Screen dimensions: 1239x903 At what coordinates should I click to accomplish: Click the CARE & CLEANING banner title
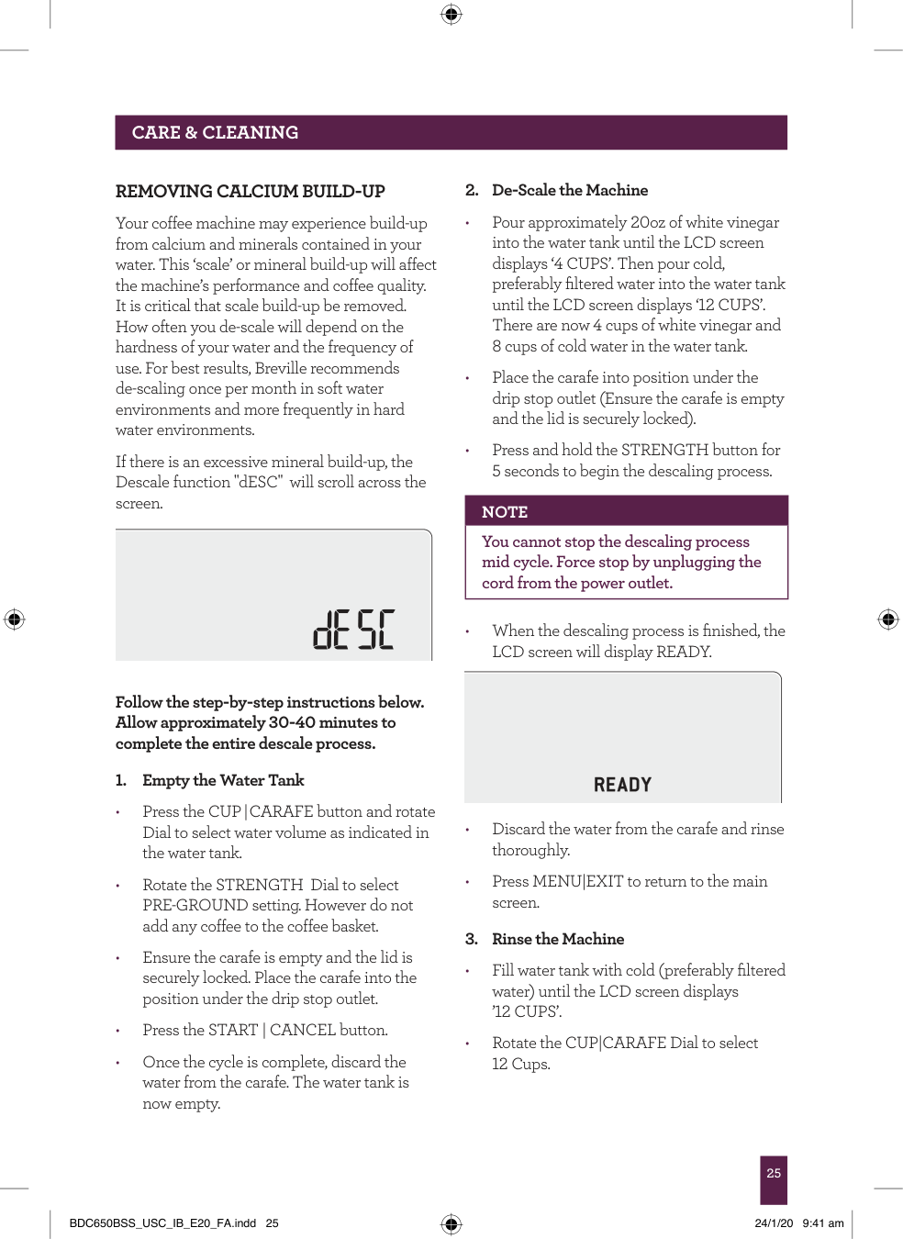[215, 132]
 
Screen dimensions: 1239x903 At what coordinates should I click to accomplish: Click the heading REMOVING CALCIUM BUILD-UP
[250, 192]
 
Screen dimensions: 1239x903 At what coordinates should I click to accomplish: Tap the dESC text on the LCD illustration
[353, 630]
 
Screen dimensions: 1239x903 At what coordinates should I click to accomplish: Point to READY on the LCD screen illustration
[622, 785]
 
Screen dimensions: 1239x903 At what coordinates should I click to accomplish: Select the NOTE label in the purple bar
[505, 512]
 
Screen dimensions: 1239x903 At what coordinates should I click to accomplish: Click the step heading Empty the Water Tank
[223, 780]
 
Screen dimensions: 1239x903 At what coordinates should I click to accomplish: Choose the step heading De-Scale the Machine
[569, 190]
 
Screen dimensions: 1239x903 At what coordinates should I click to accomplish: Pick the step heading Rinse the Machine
[557, 939]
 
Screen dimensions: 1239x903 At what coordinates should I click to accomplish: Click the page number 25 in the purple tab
[774, 1173]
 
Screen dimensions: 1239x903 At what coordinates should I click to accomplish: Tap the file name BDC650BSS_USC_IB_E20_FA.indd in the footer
[162, 1223]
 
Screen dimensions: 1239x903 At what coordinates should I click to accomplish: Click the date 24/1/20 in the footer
[774, 1223]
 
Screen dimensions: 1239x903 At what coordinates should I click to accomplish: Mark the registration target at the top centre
[451, 14]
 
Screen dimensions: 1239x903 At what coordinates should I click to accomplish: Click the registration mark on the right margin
[888, 619]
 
